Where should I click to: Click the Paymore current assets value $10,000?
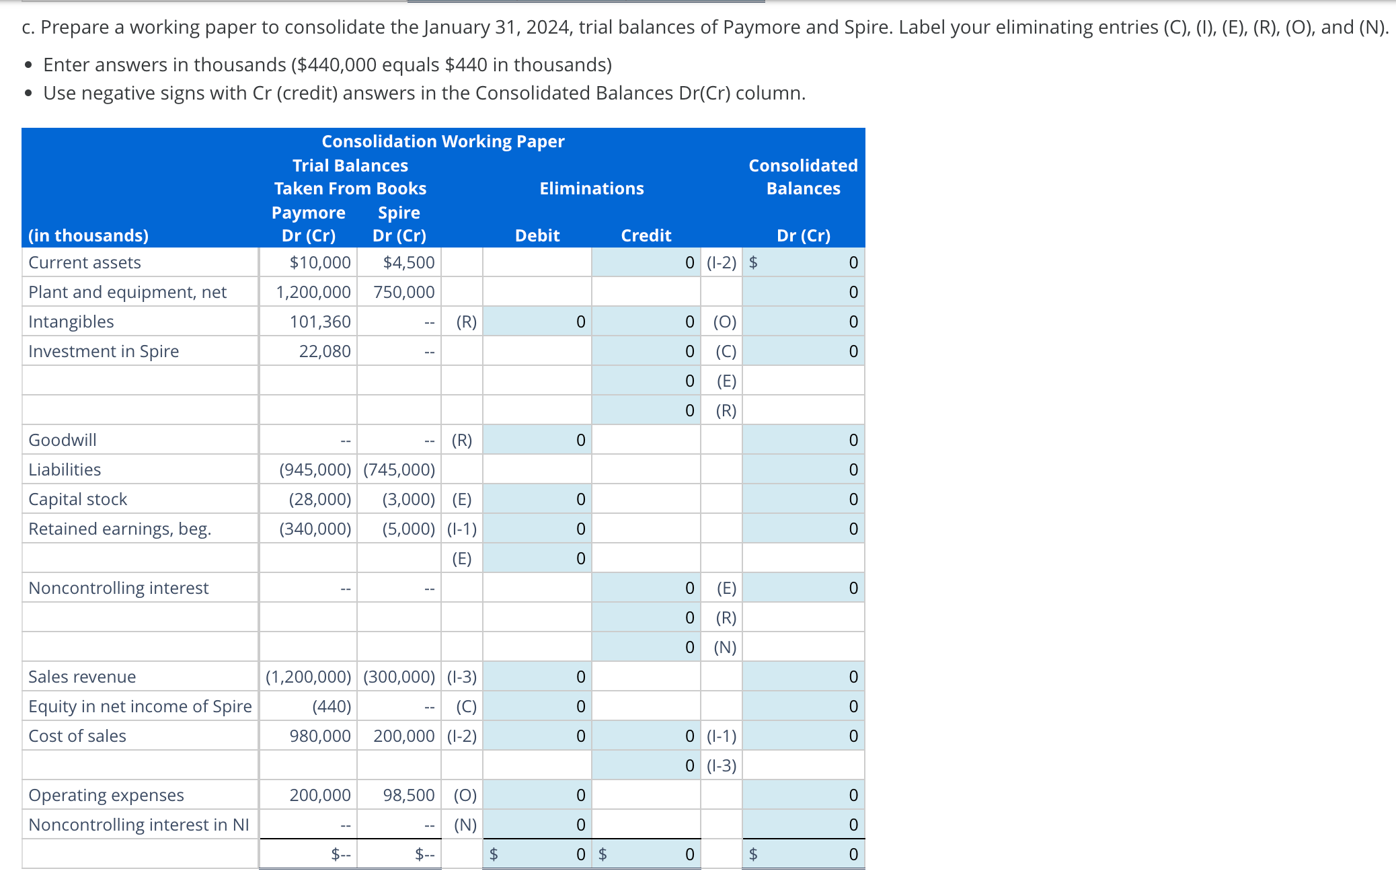point(319,262)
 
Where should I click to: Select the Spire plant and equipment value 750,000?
point(403,292)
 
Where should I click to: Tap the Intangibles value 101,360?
point(319,321)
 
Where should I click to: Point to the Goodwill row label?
point(63,440)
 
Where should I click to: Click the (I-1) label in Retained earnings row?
point(461,529)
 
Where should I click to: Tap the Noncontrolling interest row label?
point(118,588)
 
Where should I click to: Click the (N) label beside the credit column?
point(724,647)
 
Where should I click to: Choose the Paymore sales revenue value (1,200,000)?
point(308,677)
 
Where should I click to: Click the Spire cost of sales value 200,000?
point(403,736)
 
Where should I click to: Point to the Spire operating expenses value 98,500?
point(408,795)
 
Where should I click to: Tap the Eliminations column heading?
point(591,188)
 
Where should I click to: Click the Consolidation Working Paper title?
point(442,141)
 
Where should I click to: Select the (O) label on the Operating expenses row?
point(465,795)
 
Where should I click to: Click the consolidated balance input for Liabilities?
point(803,469)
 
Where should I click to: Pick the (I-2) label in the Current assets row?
point(721,262)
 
